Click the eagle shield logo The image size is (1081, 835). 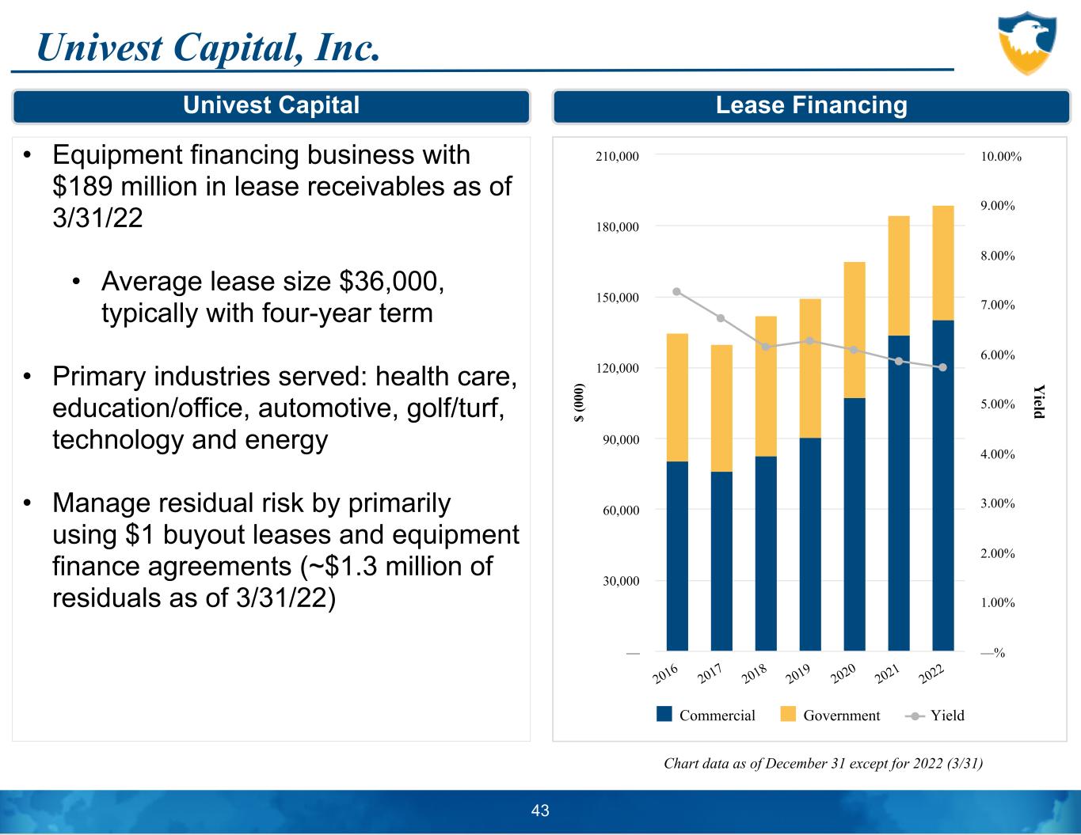pyautogui.click(x=1027, y=43)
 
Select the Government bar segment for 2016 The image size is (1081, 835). pyautogui.click(x=677, y=397)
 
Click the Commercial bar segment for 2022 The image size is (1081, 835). pyautogui.click(x=942, y=485)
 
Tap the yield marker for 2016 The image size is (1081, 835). pyautogui.click(x=677, y=291)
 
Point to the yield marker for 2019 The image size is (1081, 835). pyautogui.click(x=810, y=341)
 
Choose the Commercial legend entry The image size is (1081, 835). pyautogui.click(x=706, y=715)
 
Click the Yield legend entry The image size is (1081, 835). pyautogui.click(x=935, y=715)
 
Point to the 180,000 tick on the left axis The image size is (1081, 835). pyautogui.click(x=617, y=227)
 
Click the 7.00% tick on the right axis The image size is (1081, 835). pyautogui.click(x=998, y=305)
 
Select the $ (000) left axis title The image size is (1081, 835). pyautogui.click(x=580, y=403)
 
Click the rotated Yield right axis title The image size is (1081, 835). pyautogui.click(x=1040, y=401)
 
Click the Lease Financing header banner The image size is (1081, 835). pyautogui.click(x=811, y=106)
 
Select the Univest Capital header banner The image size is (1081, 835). pyautogui.click(x=271, y=106)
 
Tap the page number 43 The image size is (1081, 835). pyautogui.click(x=540, y=810)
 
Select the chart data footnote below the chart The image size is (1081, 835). pyautogui.click(x=823, y=764)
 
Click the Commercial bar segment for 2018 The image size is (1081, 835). pyautogui.click(x=766, y=553)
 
